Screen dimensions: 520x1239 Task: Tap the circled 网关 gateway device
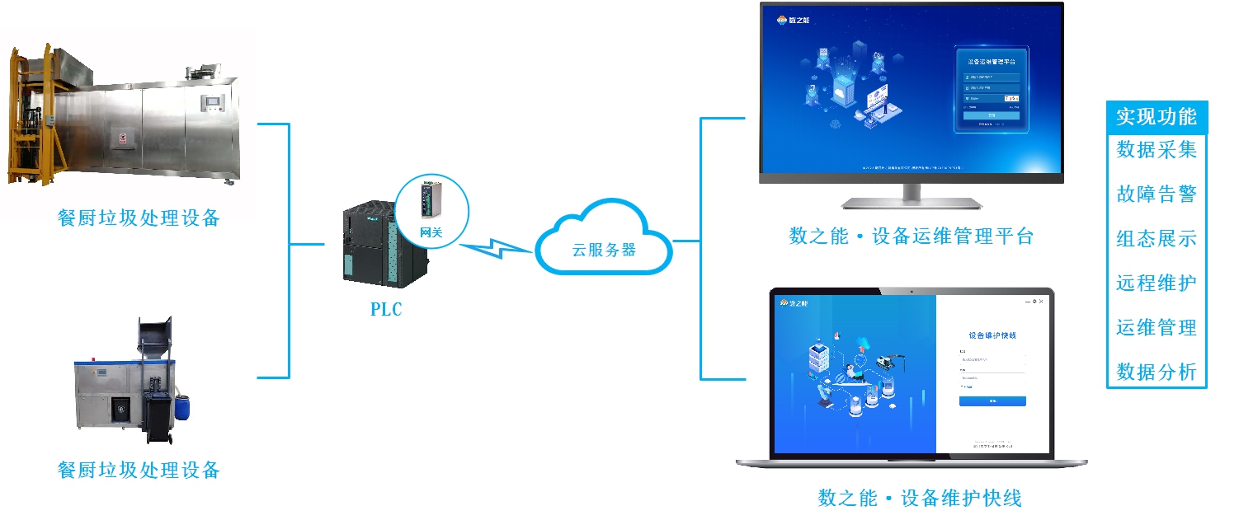click(x=431, y=208)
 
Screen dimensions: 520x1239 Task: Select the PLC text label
click(x=386, y=311)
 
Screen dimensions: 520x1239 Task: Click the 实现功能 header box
click(x=1156, y=117)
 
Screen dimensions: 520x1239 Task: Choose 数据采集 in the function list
click(x=1156, y=149)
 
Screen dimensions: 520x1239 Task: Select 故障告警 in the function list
click(x=1156, y=194)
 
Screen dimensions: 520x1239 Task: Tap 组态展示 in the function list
click(x=1156, y=239)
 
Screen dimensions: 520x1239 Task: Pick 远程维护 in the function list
click(x=1156, y=283)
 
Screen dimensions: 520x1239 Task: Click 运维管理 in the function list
click(x=1156, y=328)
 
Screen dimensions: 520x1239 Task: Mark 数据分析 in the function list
click(x=1156, y=372)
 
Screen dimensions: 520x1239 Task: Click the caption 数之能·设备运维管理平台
click(x=911, y=237)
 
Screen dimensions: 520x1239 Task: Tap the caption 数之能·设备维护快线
click(x=919, y=499)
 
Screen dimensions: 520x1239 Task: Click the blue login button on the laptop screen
click(x=992, y=401)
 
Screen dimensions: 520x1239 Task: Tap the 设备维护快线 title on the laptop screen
click(x=992, y=335)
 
